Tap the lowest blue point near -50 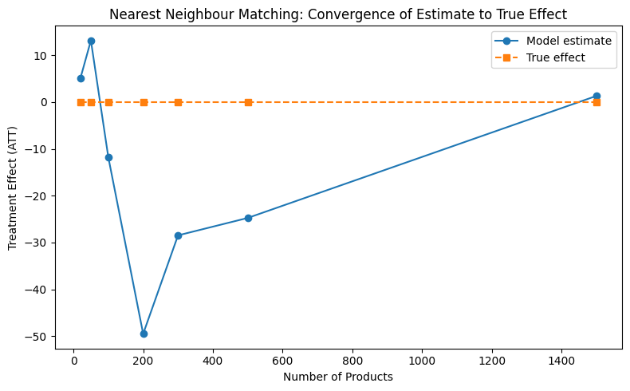point(144,334)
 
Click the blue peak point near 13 point(91,41)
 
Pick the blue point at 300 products point(178,235)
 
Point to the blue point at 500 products point(248,218)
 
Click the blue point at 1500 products point(597,96)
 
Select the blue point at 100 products point(108,157)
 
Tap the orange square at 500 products point(248,102)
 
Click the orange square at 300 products point(178,102)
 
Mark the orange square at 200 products point(144,102)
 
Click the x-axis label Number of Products point(338,377)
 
